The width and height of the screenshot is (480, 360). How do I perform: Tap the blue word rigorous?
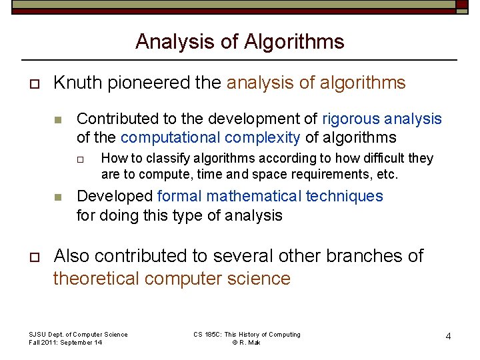point(352,119)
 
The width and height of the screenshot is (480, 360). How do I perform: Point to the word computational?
point(171,138)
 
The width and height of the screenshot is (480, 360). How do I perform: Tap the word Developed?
point(115,196)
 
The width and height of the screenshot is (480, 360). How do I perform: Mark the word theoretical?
point(96,278)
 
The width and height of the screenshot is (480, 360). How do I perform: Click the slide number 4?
point(448,337)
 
